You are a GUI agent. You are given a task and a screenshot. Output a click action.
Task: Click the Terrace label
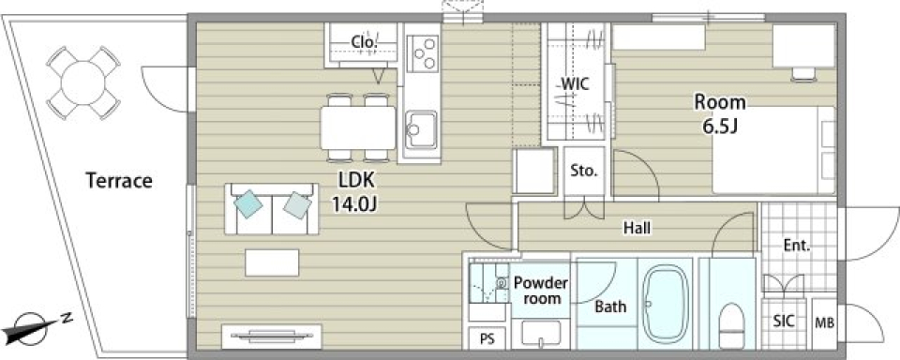[119, 181]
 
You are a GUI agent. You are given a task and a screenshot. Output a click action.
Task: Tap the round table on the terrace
[83, 83]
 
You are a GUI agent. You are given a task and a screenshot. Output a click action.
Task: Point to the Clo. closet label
[364, 42]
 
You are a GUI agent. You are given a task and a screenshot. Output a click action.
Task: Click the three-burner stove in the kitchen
[423, 52]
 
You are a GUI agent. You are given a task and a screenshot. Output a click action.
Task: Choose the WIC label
[575, 83]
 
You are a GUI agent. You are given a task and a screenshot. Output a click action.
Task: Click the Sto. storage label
[584, 171]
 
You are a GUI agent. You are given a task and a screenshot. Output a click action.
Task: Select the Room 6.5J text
[720, 114]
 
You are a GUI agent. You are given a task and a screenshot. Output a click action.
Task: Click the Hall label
[637, 229]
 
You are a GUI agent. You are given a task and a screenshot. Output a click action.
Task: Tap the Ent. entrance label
[797, 246]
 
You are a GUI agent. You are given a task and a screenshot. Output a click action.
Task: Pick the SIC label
[784, 321]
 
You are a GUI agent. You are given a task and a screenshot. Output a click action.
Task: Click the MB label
[824, 323]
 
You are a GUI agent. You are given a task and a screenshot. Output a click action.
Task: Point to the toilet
[730, 323]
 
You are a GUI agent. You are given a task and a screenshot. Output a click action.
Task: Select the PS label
[487, 339]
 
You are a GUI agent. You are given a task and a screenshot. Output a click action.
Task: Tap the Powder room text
[541, 290]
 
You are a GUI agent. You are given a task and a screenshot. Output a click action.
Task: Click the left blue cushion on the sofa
[248, 203]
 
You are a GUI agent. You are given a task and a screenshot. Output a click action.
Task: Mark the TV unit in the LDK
[271, 337]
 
